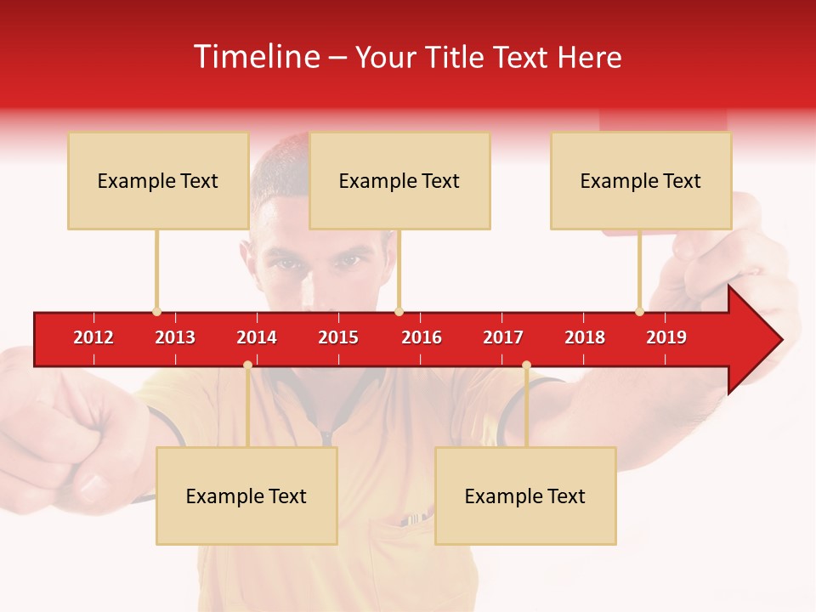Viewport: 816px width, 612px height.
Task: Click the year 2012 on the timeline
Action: pyautogui.click(x=93, y=337)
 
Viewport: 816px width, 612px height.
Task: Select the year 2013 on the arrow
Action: pyautogui.click(x=175, y=337)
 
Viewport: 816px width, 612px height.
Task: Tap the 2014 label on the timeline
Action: pyautogui.click(x=257, y=337)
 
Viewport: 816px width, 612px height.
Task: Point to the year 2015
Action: pyautogui.click(x=338, y=337)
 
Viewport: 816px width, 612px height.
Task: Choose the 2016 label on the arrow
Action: pyautogui.click(x=422, y=337)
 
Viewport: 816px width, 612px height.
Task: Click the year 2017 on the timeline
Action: pyautogui.click(x=503, y=337)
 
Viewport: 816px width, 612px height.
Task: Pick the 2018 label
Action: pyautogui.click(x=585, y=337)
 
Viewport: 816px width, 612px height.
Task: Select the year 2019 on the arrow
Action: pyautogui.click(x=666, y=337)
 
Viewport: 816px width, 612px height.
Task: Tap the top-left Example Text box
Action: pyautogui.click(x=158, y=180)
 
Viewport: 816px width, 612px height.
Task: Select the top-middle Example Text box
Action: pyautogui.click(x=399, y=180)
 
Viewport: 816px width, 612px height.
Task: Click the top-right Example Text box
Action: pyautogui.click(x=641, y=180)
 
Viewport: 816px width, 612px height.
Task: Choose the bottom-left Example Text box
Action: pyautogui.click(x=246, y=496)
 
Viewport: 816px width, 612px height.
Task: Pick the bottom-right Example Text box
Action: pyautogui.click(x=525, y=496)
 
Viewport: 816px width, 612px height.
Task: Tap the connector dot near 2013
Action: pyautogui.click(x=156, y=312)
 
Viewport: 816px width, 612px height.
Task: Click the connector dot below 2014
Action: pyautogui.click(x=247, y=365)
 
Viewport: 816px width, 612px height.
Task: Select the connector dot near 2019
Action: pyautogui.click(x=639, y=312)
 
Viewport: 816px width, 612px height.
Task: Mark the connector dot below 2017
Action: pyautogui.click(x=526, y=365)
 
